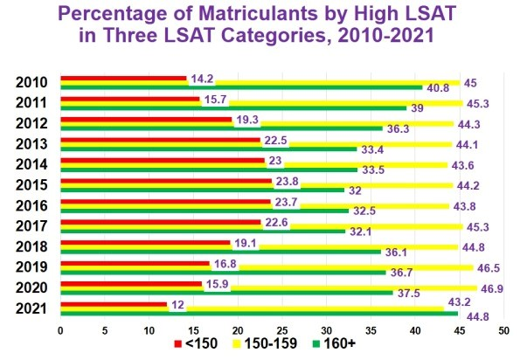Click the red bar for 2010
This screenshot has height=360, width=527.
pyautogui.click(x=122, y=79)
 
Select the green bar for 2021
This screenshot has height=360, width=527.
pyautogui.click(x=258, y=314)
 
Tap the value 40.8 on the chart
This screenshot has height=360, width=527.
pyautogui.click(x=437, y=88)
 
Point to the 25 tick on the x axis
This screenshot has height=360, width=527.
pyautogui.click(x=281, y=331)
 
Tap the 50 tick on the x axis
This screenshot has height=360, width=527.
pyautogui.click(x=503, y=331)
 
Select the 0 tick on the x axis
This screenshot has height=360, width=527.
pyautogui.click(x=60, y=331)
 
